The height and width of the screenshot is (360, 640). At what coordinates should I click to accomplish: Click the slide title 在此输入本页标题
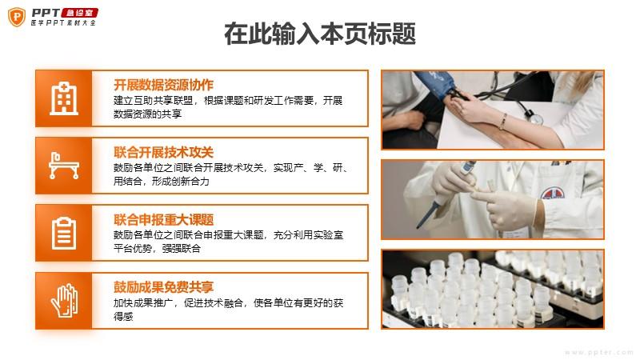pyautogui.click(x=320, y=34)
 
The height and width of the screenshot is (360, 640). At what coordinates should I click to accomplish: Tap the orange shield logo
pyautogui.click(x=17, y=17)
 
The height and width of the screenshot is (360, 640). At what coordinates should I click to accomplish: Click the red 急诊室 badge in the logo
pyautogui.click(x=80, y=13)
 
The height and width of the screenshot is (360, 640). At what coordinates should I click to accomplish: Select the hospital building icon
pyautogui.click(x=64, y=98)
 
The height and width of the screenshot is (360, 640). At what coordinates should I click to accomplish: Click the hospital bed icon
pyautogui.click(x=64, y=166)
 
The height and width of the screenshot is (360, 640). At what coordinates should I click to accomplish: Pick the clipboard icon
pyautogui.click(x=64, y=233)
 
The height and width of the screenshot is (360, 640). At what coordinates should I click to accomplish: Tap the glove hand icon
pyautogui.click(x=65, y=301)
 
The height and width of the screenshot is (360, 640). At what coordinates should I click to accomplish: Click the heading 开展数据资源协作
pyautogui.click(x=163, y=85)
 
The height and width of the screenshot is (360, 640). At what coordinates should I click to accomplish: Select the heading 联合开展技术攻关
pyautogui.click(x=163, y=152)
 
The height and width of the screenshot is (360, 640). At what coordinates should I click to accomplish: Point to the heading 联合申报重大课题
pyautogui.click(x=163, y=219)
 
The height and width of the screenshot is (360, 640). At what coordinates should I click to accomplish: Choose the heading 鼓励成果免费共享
pyautogui.click(x=163, y=287)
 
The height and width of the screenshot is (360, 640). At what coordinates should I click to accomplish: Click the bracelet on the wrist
pyautogui.click(x=503, y=122)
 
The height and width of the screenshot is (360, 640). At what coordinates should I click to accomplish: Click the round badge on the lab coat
pyautogui.click(x=553, y=193)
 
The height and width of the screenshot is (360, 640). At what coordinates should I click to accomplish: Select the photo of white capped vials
pyautogui.click(x=493, y=290)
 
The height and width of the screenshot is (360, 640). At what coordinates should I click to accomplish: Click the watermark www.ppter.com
pyautogui.click(x=598, y=352)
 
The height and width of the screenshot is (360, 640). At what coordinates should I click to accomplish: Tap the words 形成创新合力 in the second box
pyautogui.click(x=181, y=182)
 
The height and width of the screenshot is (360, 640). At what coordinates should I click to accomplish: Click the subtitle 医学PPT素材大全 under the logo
pyautogui.click(x=63, y=23)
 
